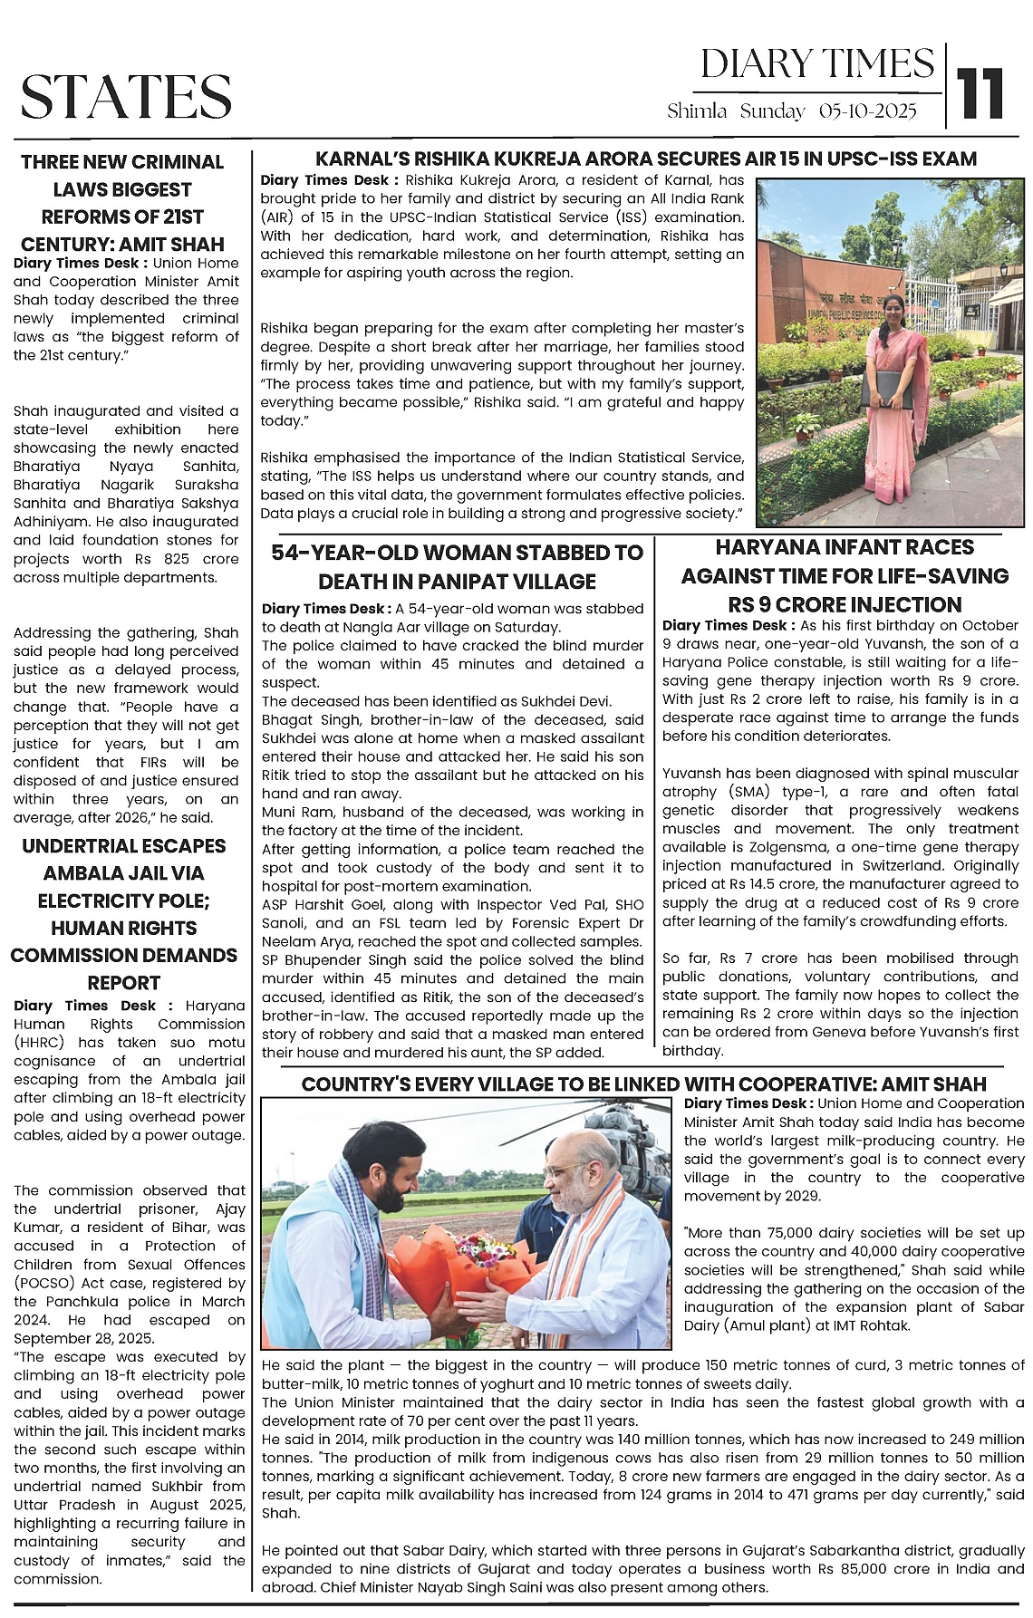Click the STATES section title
126,96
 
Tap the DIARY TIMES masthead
816,63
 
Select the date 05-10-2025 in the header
867,111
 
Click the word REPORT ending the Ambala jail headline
124,983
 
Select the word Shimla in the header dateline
697,111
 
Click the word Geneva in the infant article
797,1032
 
